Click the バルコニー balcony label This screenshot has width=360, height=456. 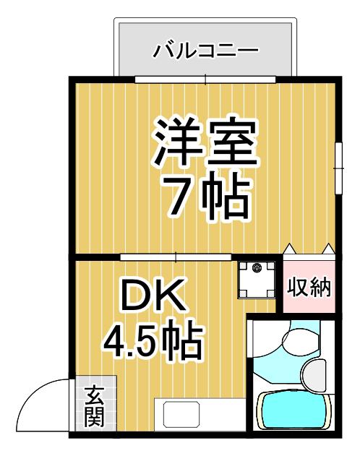tap(205, 51)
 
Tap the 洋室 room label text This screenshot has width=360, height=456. tap(205, 144)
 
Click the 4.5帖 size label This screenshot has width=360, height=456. tap(153, 340)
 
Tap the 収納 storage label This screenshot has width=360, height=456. tap(309, 288)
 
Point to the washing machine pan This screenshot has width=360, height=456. tap(256, 280)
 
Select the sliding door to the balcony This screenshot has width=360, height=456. tap(205, 79)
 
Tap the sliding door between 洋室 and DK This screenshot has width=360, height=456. tap(176, 257)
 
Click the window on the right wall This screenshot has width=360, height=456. tap(338, 168)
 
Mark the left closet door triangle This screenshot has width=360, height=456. tap(290, 249)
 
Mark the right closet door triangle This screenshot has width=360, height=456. tap(329, 249)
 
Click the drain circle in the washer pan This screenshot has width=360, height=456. tap(257, 267)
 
